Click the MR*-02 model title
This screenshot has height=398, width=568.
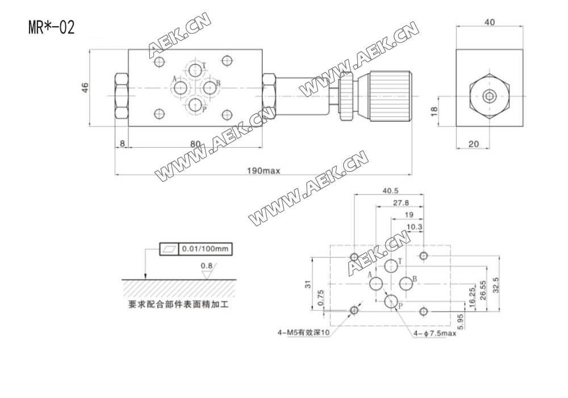[x=51, y=27]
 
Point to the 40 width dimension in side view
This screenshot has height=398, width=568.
[x=490, y=22]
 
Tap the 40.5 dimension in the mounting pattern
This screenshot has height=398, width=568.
[x=389, y=190]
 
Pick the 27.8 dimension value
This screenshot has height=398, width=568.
[x=401, y=202]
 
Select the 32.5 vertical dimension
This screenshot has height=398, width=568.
[x=495, y=283]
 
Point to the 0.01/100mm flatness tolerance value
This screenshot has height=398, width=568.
[x=206, y=249]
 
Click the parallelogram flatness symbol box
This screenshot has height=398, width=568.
[x=169, y=249]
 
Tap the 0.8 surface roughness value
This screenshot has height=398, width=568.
[x=207, y=266]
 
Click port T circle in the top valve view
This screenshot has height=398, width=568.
[x=196, y=71]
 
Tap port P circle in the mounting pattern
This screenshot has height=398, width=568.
[x=391, y=301]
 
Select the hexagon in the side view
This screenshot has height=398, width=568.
[x=490, y=96]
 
